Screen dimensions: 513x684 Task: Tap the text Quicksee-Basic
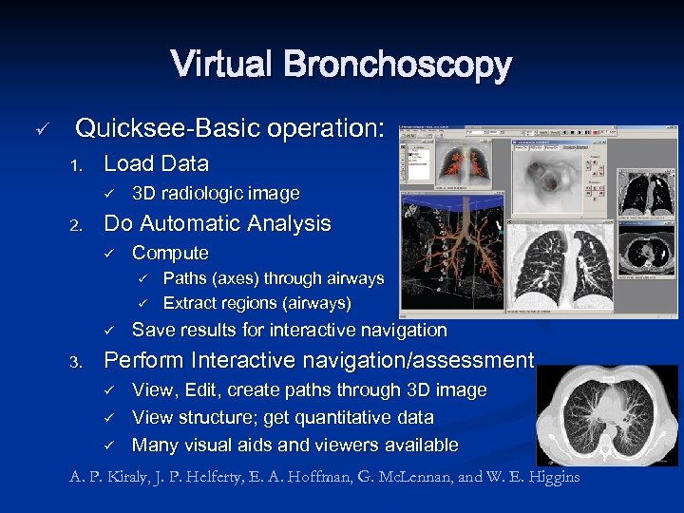click(x=161, y=127)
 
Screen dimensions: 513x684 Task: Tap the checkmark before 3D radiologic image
click(x=109, y=195)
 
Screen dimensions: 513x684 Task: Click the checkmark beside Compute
click(x=109, y=254)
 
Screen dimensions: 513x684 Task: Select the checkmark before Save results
click(x=109, y=331)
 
